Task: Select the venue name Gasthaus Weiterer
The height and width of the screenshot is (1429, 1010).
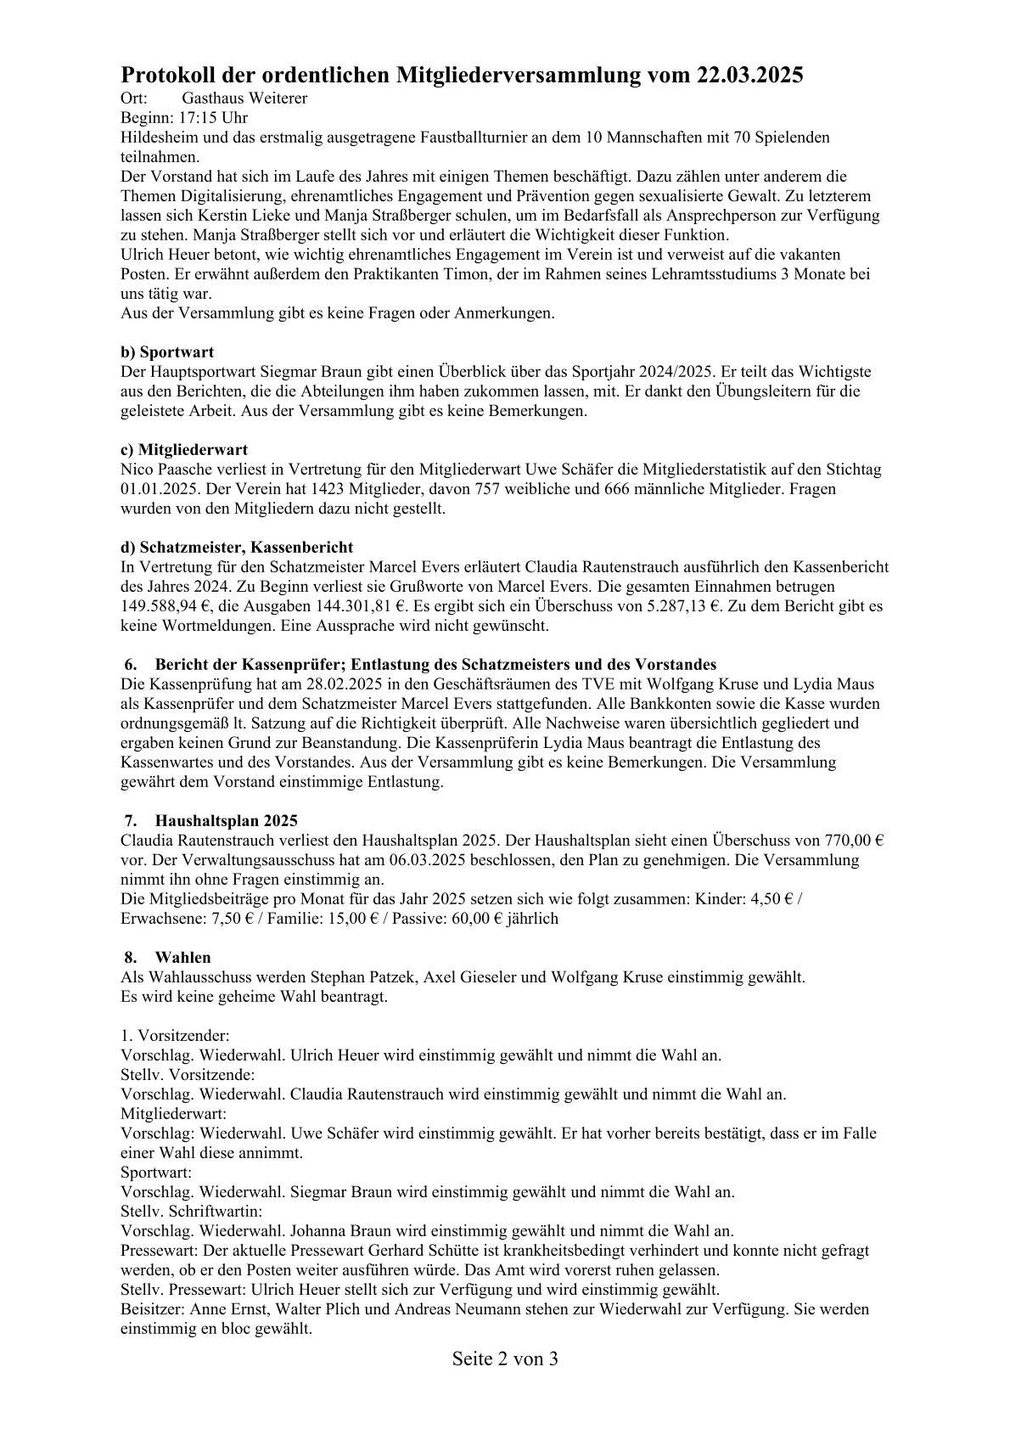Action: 244,98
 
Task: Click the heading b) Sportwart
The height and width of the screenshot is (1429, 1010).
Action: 167,352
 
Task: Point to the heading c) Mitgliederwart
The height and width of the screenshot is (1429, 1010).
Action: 184,449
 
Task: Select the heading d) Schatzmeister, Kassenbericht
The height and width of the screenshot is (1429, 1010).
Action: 237,547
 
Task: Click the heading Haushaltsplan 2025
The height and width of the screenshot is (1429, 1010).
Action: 226,821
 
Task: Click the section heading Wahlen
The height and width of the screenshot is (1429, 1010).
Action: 182,958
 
